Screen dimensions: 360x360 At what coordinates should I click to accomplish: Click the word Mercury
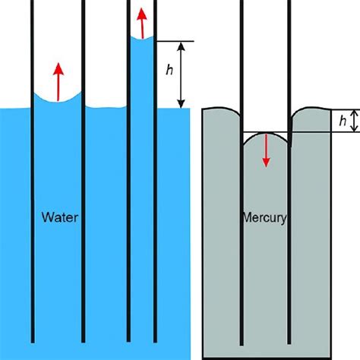click(264, 218)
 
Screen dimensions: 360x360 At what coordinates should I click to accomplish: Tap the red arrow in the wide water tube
click(58, 82)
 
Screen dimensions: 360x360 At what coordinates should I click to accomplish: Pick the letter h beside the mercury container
click(343, 121)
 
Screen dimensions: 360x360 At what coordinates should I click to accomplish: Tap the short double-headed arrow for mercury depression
click(333, 121)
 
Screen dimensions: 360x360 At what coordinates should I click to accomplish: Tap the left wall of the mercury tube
click(242, 228)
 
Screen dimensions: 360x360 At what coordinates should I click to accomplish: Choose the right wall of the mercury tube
click(290, 228)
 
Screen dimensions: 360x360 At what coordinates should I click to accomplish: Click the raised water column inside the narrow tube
click(143, 76)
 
